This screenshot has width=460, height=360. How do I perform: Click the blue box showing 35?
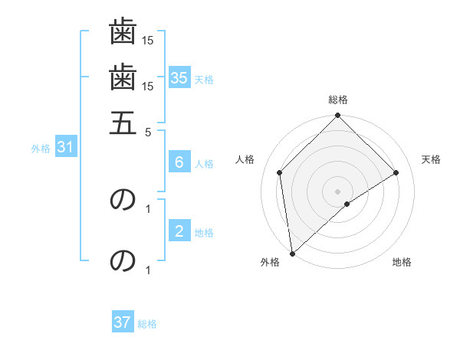coord(179,77)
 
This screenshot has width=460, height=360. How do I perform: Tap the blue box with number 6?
coord(179,162)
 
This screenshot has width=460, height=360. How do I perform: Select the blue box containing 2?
coord(179,231)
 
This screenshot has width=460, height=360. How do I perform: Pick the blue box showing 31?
coord(65,148)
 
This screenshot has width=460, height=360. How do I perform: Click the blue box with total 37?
coord(123,322)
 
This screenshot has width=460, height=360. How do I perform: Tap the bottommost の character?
coord(123,261)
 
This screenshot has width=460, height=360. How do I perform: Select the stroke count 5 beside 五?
coord(148,132)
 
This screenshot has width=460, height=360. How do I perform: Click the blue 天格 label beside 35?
coord(204,80)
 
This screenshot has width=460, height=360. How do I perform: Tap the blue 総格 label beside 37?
coord(147,325)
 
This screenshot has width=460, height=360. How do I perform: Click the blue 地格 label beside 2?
coord(204,233)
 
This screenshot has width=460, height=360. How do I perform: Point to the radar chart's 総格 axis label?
coord(338,100)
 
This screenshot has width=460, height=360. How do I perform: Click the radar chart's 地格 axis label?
coord(402,263)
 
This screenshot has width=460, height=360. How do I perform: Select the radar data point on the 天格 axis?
coord(396,172)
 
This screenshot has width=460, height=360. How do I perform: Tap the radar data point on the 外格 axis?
coord(292,254)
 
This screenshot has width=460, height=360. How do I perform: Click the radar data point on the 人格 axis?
coord(280,172)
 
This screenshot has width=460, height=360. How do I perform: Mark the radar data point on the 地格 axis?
coord(347,204)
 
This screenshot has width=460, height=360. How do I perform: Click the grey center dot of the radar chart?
coord(338,191)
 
